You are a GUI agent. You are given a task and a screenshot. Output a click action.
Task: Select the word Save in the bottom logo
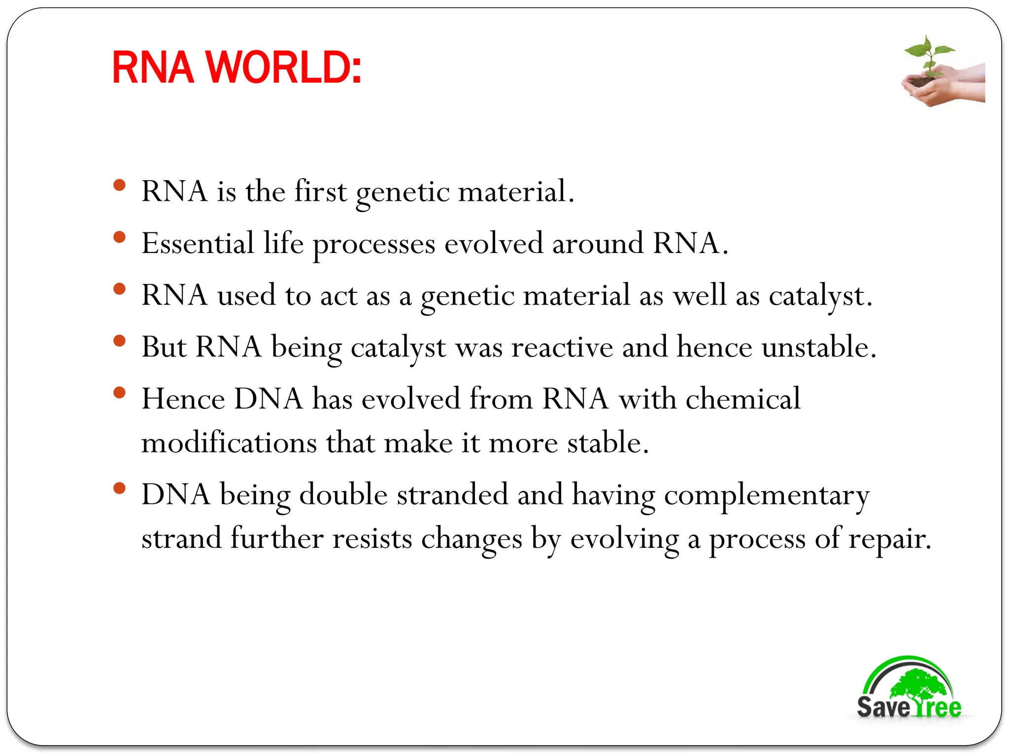(883, 707)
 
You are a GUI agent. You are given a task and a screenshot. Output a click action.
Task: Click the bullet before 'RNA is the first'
(119, 186)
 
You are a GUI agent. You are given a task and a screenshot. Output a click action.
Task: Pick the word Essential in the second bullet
(198, 243)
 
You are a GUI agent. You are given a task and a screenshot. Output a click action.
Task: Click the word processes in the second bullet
(374, 245)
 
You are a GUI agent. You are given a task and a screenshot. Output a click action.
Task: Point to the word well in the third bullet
(700, 295)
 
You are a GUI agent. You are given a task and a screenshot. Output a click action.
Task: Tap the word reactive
(562, 347)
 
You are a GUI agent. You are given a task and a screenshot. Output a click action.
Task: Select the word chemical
(743, 399)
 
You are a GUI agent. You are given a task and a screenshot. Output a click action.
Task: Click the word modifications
(229, 442)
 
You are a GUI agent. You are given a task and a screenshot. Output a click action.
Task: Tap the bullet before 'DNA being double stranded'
(119, 488)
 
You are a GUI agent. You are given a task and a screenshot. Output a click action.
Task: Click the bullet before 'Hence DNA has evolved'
(119, 393)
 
